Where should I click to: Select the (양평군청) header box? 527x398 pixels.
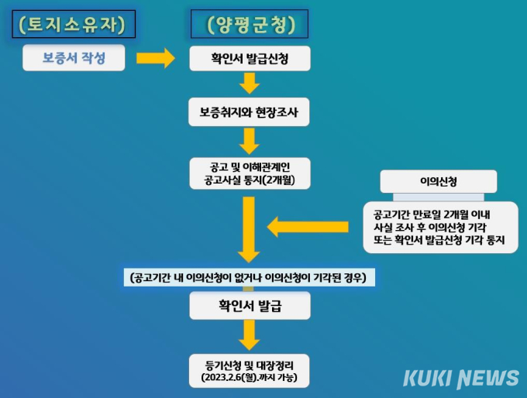click(x=250, y=25)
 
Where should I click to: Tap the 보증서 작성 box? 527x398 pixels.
click(x=74, y=58)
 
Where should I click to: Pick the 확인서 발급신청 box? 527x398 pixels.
click(x=250, y=58)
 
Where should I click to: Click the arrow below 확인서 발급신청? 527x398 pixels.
click(x=250, y=84)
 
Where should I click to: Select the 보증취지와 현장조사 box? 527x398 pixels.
click(x=250, y=112)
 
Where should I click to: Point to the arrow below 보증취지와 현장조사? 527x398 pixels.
click(x=250, y=140)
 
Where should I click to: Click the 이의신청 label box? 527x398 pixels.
click(x=439, y=181)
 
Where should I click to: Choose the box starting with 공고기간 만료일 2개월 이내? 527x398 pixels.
click(x=439, y=226)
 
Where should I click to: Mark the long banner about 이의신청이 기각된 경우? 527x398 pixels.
click(x=250, y=277)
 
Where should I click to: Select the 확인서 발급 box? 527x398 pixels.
click(x=250, y=306)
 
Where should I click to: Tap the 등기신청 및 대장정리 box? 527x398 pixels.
click(x=250, y=370)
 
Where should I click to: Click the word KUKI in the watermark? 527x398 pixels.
click(x=426, y=379)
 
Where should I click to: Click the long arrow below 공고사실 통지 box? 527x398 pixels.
click(x=250, y=228)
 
